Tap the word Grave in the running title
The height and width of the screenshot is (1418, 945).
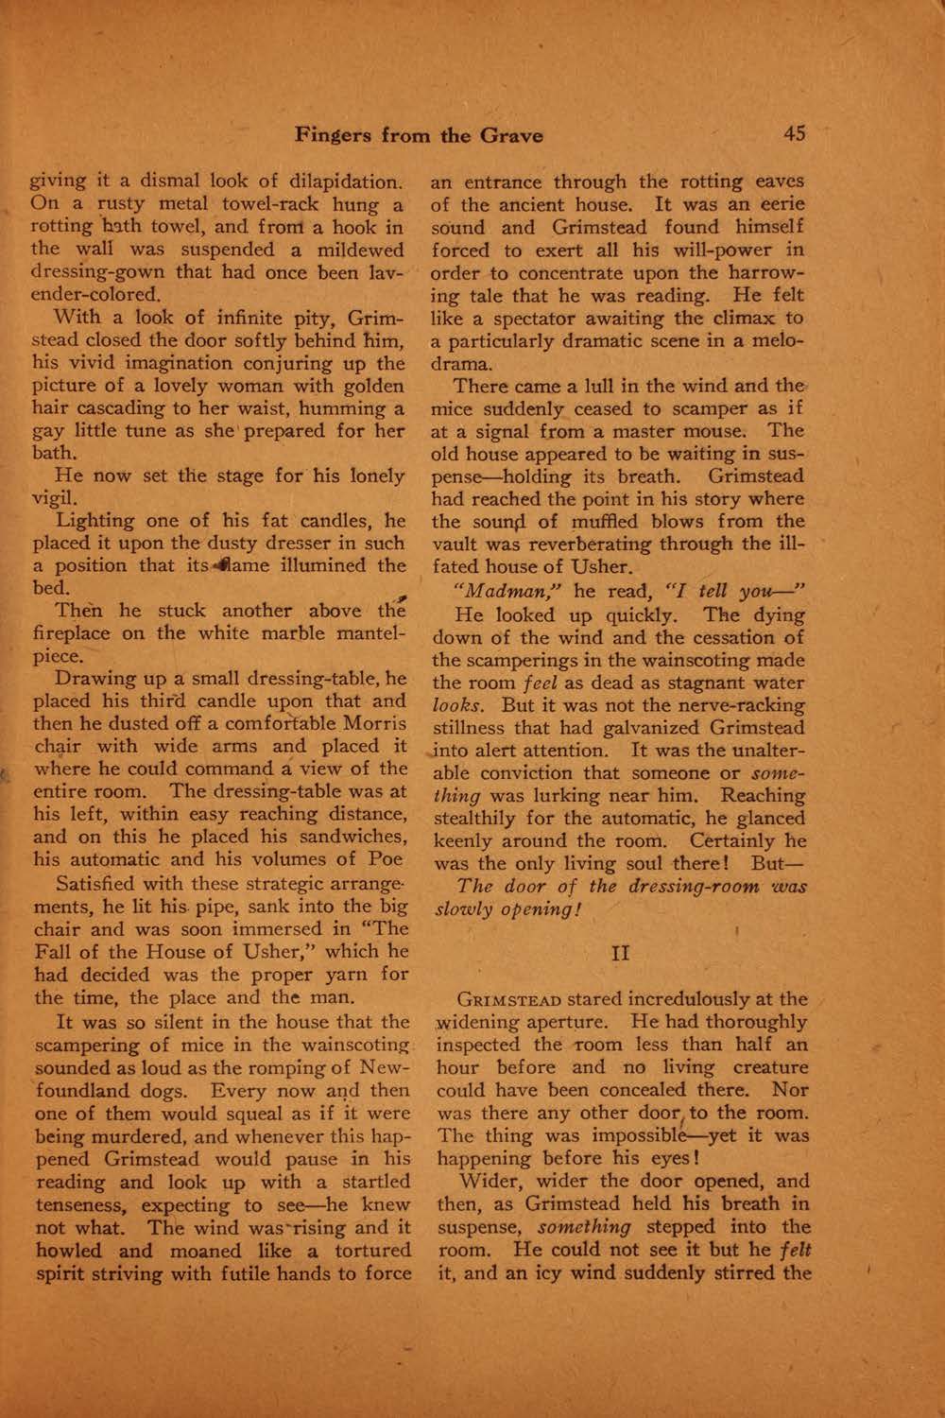(512, 135)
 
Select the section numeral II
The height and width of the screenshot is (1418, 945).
(621, 952)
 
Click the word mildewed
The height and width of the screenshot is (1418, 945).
(363, 250)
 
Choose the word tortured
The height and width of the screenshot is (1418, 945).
(367, 1251)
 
